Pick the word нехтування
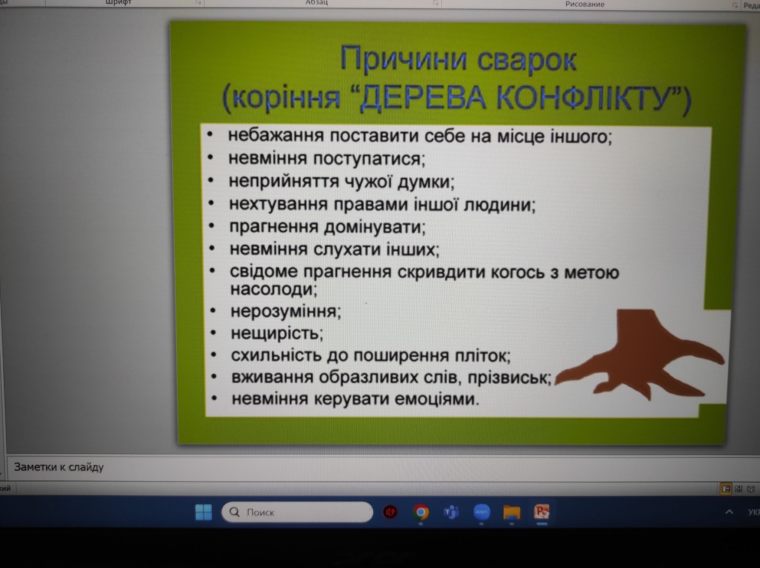point(278,204)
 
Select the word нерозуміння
point(285,311)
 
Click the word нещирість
point(276,333)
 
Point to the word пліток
point(482,356)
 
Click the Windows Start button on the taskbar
point(203,512)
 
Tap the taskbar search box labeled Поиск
point(297,512)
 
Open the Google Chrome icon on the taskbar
point(420,512)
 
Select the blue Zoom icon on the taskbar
point(482,512)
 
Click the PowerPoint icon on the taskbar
point(541,512)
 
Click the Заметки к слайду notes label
point(59,467)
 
